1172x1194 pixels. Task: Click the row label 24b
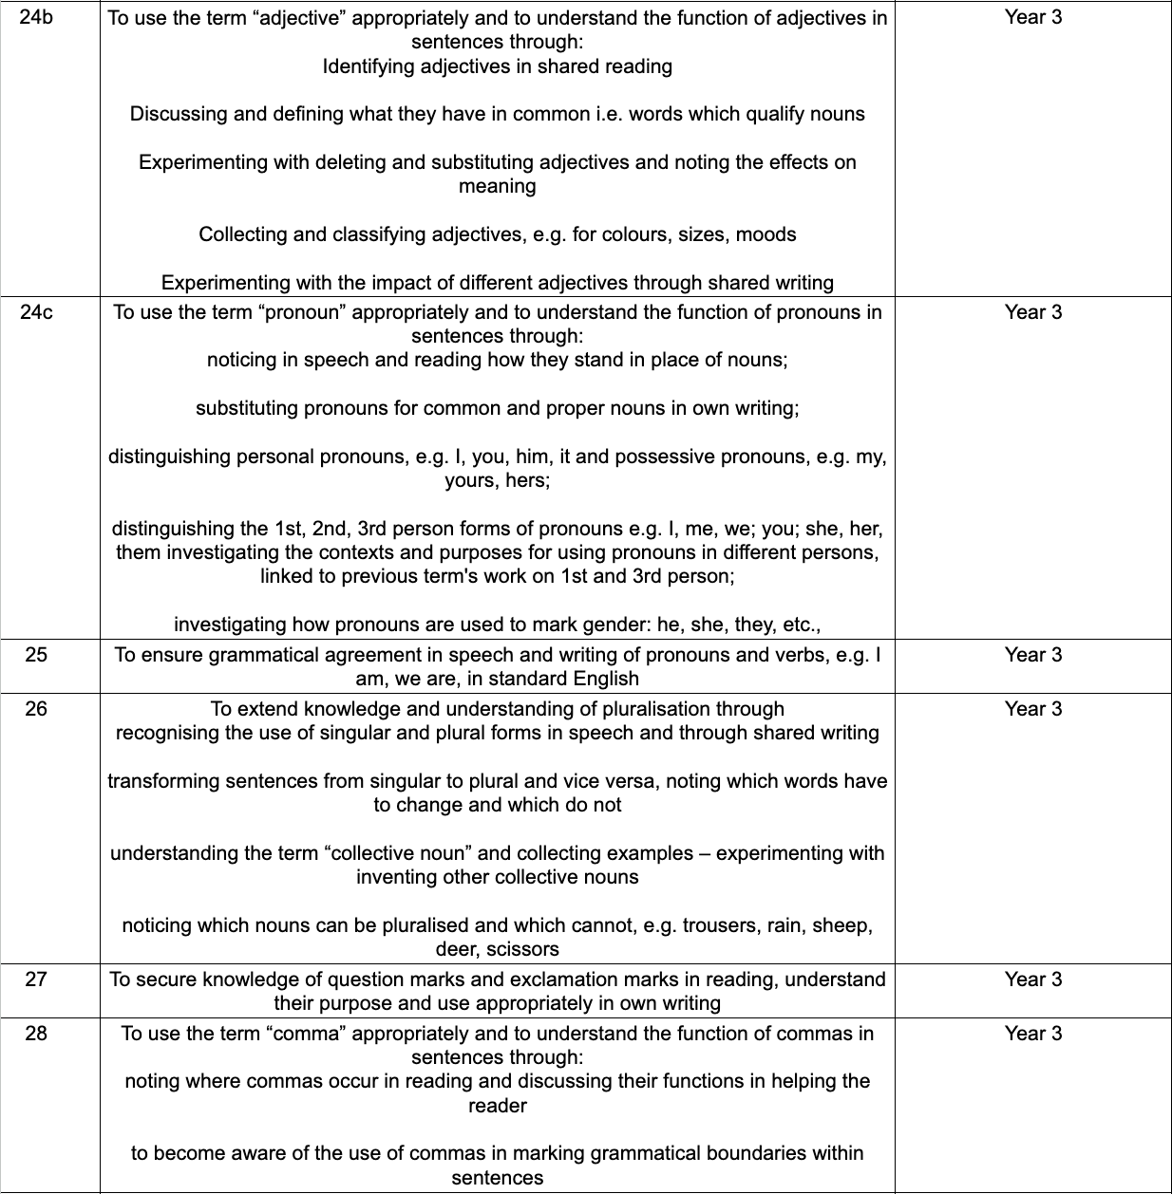pyautogui.click(x=36, y=17)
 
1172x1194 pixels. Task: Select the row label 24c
pyautogui.click(x=36, y=312)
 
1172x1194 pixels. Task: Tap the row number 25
pyautogui.click(x=36, y=655)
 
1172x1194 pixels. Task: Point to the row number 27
pyautogui.click(x=36, y=979)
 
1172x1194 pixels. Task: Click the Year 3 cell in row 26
pyautogui.click(x=1033, y=709)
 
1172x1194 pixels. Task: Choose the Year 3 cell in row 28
pyautogui.click(x=1033, y=1034)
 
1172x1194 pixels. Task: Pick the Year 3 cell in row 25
pyautogui.click(x=1033, y=655)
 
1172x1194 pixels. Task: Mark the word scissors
pyautogui.click(x=522, y=949)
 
